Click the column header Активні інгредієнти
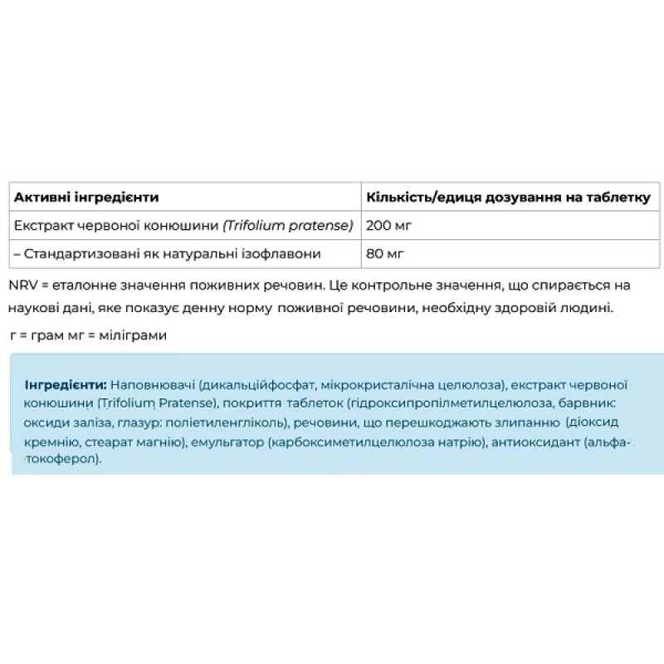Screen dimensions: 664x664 point(86,198)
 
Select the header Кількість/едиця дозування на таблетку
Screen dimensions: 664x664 point(508,198)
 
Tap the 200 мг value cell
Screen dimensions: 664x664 point(389,225)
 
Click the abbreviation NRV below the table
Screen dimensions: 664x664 point(22,285)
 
